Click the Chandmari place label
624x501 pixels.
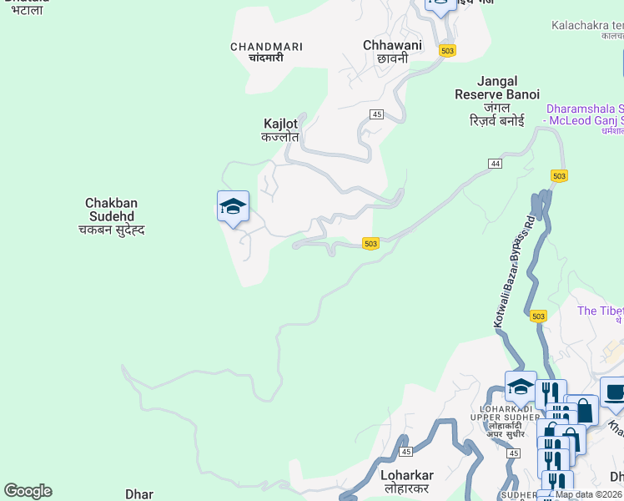[266, 52]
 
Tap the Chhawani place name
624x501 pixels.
[392, 51]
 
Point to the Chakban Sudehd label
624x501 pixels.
[111, 215]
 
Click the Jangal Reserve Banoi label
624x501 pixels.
[496, 101]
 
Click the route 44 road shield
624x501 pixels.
[496, 164]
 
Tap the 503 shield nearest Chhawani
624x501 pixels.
[447, 51]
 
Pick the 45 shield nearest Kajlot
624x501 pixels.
[377, 114]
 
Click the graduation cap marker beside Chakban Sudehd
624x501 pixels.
[233, 206]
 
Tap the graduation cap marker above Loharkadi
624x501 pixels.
[521, 387]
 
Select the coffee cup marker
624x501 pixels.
[615, 392]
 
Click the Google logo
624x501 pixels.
[28, 491]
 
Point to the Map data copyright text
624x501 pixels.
[589, 494]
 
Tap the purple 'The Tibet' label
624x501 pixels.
[600, 311]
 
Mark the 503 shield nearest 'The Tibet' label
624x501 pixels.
[538, 316]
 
